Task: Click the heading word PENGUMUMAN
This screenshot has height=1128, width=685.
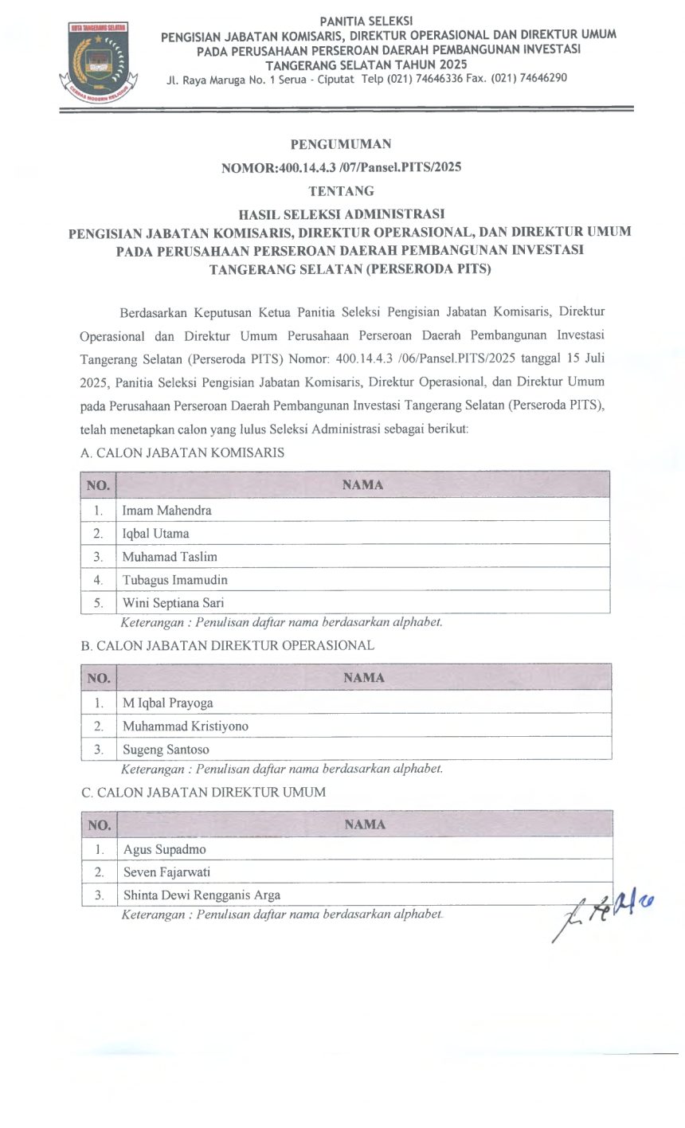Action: coord(341,144)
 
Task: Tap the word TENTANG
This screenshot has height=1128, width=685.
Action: coord(341,191)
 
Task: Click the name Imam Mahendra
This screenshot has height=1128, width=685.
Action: coord(166,510)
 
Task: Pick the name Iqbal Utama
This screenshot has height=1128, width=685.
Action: coord(155,533)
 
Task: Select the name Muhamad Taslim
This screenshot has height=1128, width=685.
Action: coord(169,556)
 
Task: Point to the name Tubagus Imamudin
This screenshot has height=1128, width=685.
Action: coord(174,579)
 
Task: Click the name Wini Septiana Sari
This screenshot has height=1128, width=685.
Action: coord(173,602)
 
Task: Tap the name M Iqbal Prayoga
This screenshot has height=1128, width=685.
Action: coord(167,703)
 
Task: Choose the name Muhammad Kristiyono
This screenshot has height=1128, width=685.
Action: coord(185,726)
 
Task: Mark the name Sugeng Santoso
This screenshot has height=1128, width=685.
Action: coord(166,749)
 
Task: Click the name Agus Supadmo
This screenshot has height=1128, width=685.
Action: coord(164,849)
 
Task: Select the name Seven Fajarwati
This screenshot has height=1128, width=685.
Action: coord(166,871)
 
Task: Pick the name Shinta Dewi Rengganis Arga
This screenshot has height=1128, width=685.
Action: coord(202,895)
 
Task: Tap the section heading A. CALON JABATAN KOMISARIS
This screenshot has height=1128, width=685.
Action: coord(182,452)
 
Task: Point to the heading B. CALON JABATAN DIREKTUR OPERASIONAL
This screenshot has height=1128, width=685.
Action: coord(227,645)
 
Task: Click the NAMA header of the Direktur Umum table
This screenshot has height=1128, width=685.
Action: coord(365,824)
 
